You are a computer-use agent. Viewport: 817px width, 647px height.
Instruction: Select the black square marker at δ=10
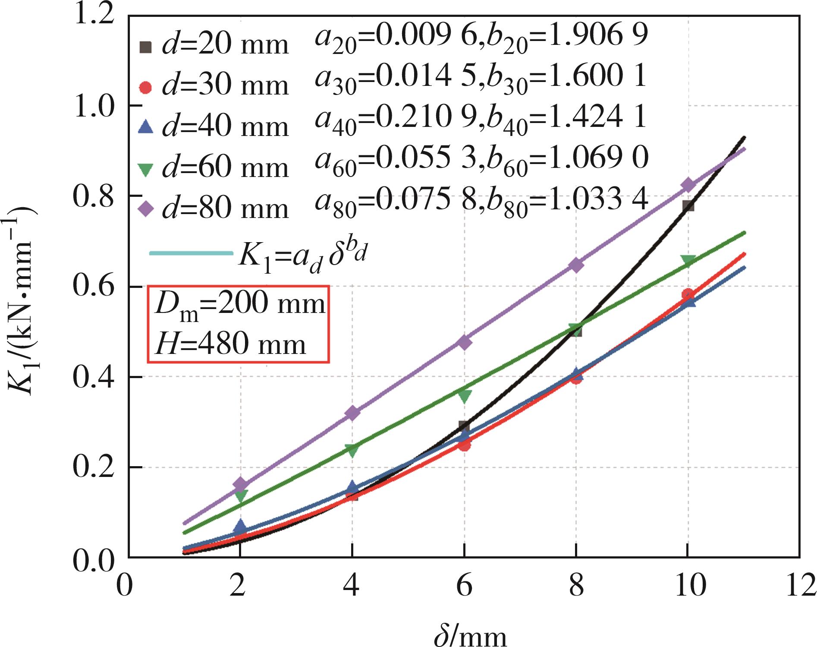pyautogui.click(x=688, y=206)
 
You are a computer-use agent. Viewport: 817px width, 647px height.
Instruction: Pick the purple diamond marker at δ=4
pyautogui.click(x=352, y=413)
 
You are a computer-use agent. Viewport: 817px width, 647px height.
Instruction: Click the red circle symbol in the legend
pyautogui.click(x=147, y=87)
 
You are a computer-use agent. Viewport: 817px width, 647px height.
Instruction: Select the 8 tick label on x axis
pyautogui.click(x=576, y=586)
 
